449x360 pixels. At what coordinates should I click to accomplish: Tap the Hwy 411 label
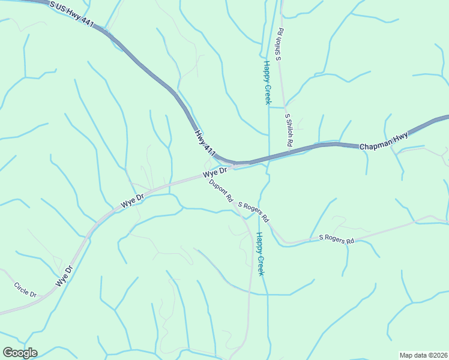tap(205, 141)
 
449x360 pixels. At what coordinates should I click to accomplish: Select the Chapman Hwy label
tap(384, 141)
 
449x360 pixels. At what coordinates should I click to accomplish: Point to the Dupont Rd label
tap(221, 193)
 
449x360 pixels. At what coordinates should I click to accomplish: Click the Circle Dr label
tap(25, 290)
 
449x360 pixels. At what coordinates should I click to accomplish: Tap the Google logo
tap(20, 353)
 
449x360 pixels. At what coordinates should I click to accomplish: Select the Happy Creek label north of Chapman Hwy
tap(268, 82)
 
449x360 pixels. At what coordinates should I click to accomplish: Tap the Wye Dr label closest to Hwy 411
tap(215, 172)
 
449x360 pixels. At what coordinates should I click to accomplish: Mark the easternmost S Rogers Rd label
tap(337, 238)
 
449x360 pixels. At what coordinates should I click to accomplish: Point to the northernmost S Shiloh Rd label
tap(279, 43)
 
